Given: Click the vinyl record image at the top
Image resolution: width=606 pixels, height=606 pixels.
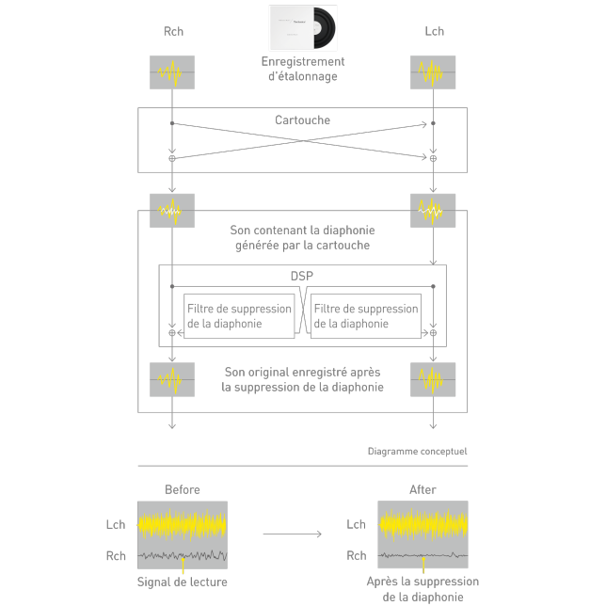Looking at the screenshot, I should pyautogui.click(x=303, y=28).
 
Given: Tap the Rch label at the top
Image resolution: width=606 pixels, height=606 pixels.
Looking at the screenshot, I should pyautogui.click(x=172, y=32).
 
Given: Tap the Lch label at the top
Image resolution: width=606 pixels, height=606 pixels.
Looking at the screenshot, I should pyautogui.click(x=434, y=32).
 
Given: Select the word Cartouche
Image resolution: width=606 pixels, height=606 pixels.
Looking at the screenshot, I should pyautogui.click(x=303, y=120).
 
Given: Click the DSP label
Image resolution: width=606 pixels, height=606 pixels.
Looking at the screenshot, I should pyautogui.click(x=302, y=278).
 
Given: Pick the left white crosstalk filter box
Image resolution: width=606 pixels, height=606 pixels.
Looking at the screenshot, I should pyautogui.click(x=238, y=316).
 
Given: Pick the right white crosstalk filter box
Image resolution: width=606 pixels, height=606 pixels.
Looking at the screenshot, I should pyautogui.click(x=365, y=316).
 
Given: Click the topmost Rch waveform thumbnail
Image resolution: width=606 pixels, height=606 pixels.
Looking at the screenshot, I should pyautogui.click(x=172, y=73).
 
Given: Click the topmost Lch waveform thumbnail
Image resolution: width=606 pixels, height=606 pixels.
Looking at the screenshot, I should pyautogui.click(x=434, y=73).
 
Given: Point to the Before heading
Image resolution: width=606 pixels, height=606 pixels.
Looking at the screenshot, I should pyautogui.click(x=183, y=489).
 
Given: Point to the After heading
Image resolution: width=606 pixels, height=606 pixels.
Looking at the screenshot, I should pyautogui.click(x=423, y=489).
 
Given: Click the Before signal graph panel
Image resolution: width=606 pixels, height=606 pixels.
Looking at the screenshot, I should pyautogui.click(x=183, y=534).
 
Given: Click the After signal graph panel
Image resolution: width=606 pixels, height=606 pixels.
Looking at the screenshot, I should pyautogui.click(x=423, y=534).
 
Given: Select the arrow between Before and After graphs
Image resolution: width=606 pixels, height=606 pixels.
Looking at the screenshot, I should pyautogui.click(x=292, y=534).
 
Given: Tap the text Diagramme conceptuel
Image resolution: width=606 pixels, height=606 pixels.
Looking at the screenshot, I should pyautogui.click(x=417, y=452).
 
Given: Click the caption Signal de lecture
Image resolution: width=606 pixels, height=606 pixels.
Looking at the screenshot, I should pyautogui.click(x=183, y=582).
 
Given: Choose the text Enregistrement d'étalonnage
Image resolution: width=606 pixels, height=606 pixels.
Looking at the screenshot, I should pyautogui.click(x=303, y=69).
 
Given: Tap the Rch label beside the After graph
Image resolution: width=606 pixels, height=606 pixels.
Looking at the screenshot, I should pyautogui.click(x=357, y=556).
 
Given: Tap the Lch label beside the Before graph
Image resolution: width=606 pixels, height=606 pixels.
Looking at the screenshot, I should pyautogui.click(x=116, y=525).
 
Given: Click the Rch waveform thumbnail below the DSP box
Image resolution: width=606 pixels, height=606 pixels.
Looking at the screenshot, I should pyautogui.click(x=172, y=378).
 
